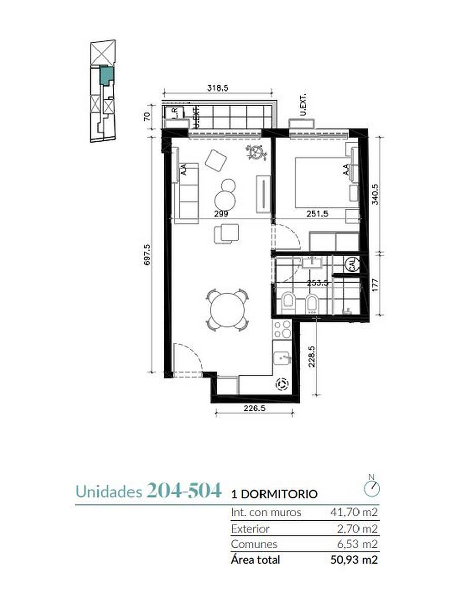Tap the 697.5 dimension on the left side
(147, 254)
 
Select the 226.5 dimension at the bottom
(254, 408)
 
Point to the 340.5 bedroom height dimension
(375, 194)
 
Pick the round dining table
(227, 310)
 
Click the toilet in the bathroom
(288, 303)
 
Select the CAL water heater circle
(352, 264)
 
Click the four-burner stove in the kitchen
(282, 329)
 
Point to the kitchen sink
(282, 358)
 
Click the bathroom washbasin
(312, 263)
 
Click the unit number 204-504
(184, 490)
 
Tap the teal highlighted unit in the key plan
(106, 75)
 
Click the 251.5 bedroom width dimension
(317, 213)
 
